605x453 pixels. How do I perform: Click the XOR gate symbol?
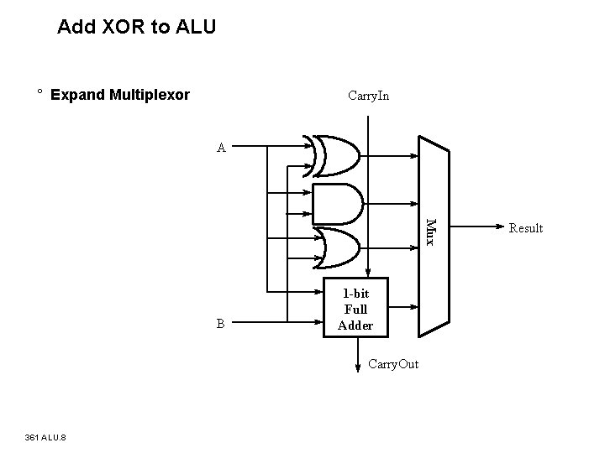(x=336, y=156)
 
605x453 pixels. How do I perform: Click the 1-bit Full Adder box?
(x=355, y=309)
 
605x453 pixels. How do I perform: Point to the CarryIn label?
(x=368, y=96)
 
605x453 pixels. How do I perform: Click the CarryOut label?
(x=392, y=363)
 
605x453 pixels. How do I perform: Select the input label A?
(x=221, y=148)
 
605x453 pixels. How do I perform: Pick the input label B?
(x=220, y=324)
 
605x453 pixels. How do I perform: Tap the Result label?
(x=526, y=228)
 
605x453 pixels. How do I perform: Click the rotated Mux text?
(x=431, y=232)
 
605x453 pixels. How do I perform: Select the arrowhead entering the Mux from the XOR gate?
(x=416, y=155)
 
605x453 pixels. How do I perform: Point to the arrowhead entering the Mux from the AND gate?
(x=416, y=203)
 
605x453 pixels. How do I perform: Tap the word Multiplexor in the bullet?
(x=150, y=94)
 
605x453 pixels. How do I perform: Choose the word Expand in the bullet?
(x=77, y=94)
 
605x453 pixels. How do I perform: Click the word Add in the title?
(x=74, y=27)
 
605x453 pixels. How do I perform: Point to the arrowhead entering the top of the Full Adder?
(x=368, y=273)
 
